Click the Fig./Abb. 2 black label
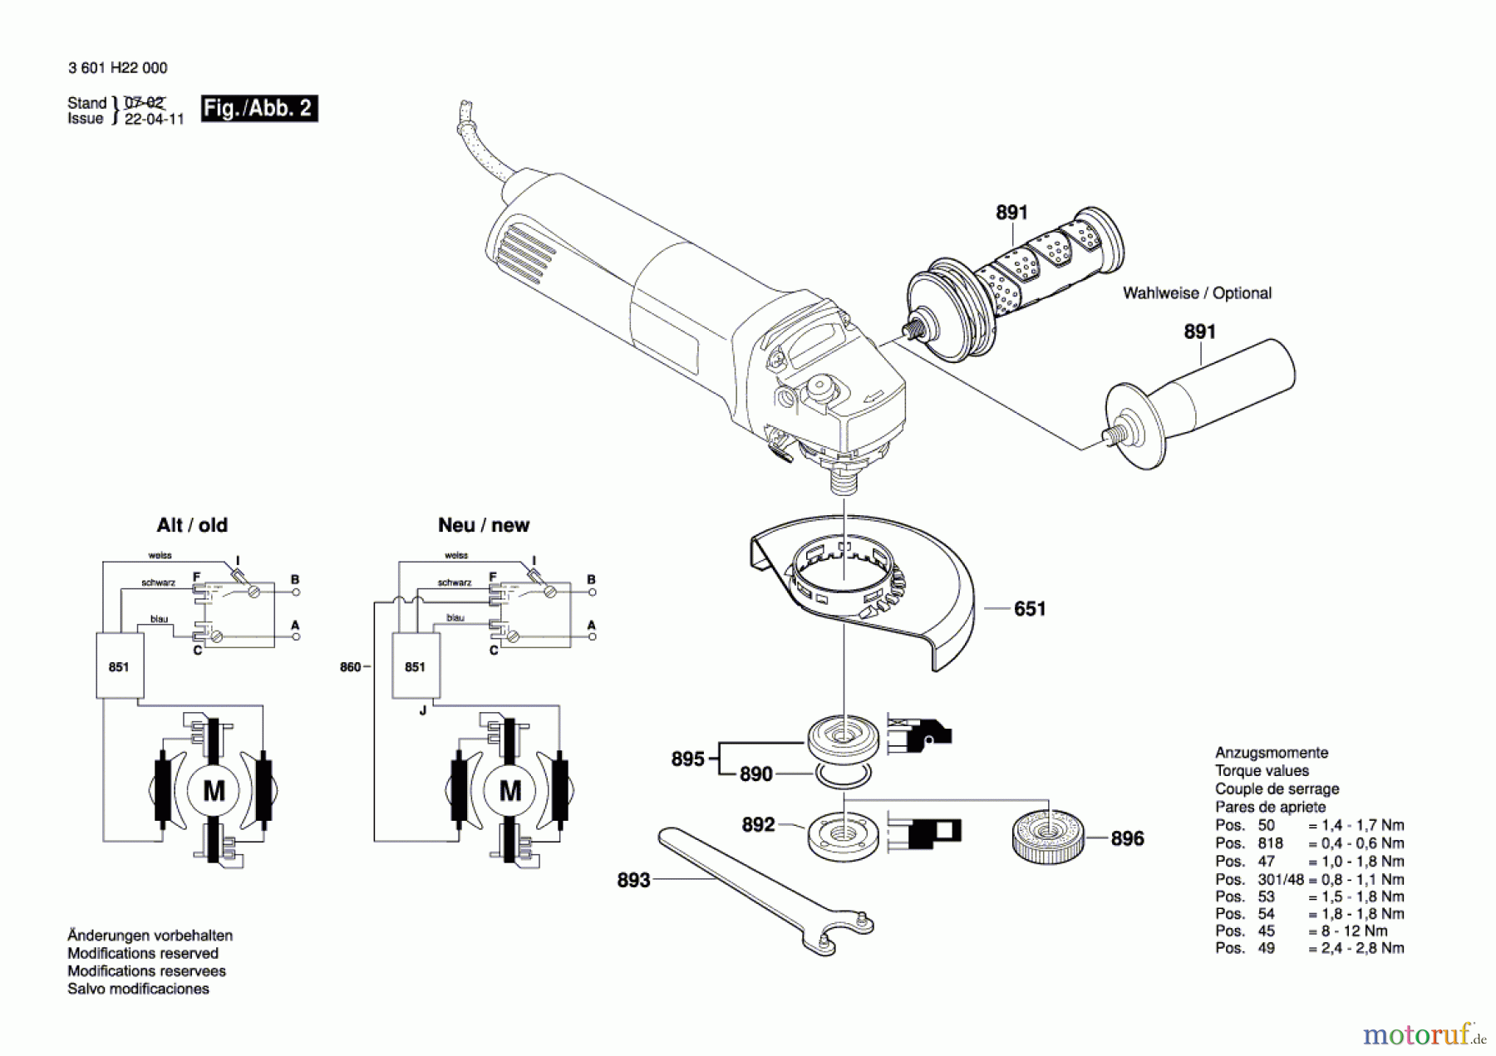pyautogui.click(x=258, y=109)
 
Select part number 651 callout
pyautogui.click(x=1029, y=609)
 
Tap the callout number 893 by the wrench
pyautogui.click(x=633, y=880)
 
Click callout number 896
pyautogui.click(x=1127, y=838)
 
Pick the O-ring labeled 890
pyautogui.click(x=843, y=775)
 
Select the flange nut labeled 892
pyautogui.click(x=843, y=835)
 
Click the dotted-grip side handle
pyautogui.click(x=1014, y=282)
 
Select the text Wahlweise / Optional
pyautogui.click(x=1196, y=293)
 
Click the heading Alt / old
pyautogui.click(x=192, y=525)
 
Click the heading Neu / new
pyautogui.click(x=483, y=525)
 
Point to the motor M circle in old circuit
pyautogui.click(x=214, y=790)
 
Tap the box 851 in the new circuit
pyautogui.click(x=416, y=666)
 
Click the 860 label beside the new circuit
pyautogui.click(x=350, y=666)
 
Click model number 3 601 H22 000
pyautogui.click(x=117, y=68)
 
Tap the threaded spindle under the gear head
pyautogui.click(x=844, y=480)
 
